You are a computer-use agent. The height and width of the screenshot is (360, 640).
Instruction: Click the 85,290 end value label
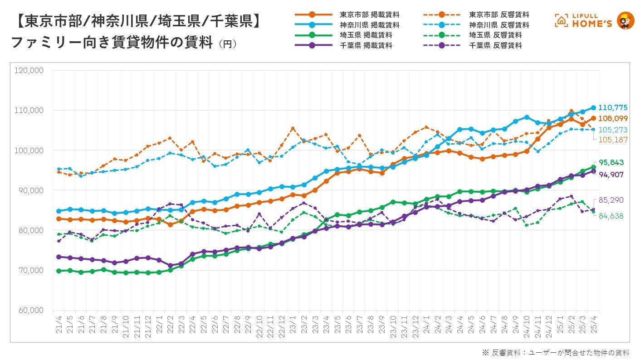tap(611, 199)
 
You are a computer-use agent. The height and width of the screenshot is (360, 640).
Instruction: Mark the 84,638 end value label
tap(611, 216)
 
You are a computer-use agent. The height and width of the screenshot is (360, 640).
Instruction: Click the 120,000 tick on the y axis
tap(29, 70)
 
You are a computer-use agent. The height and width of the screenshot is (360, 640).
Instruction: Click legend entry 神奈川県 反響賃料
tap(499, 25)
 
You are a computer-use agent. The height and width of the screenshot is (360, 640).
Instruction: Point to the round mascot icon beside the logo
tap(625, 20)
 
